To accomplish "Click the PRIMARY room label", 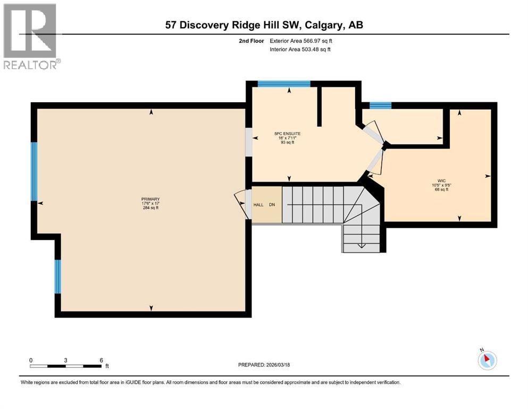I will click(x=150, y=199).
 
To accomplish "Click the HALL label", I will click(x=258, y=204).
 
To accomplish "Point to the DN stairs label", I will click(x=272, y=204).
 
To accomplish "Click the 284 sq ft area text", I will click(x=150, y=208).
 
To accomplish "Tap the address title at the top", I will click(x=264, y=25).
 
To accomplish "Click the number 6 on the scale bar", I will click(x=101, y=360).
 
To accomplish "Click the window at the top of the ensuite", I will click(x=283, y=83).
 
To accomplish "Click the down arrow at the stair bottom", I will click(x=361, y=246).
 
